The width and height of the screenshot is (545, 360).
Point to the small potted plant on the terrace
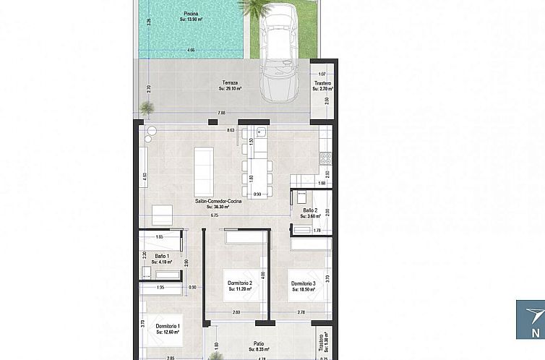coord(147,108)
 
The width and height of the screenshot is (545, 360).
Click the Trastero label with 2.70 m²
coord(322,86)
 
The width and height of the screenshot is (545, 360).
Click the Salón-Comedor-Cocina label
coord(218,204)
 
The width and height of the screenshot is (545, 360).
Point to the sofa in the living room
coord(203,171)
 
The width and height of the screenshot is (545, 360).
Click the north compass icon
coord(531,319)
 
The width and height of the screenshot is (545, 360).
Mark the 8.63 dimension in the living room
coord(231,130)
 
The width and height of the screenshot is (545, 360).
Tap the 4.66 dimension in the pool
coord(191,50)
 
